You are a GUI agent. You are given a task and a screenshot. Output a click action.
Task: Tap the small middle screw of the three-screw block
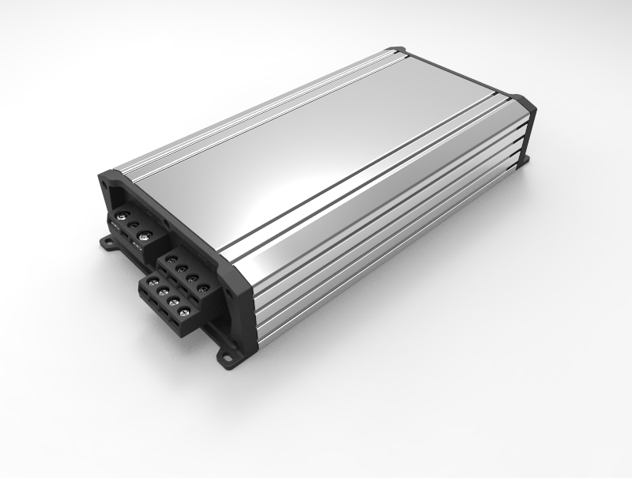point(134,225)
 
